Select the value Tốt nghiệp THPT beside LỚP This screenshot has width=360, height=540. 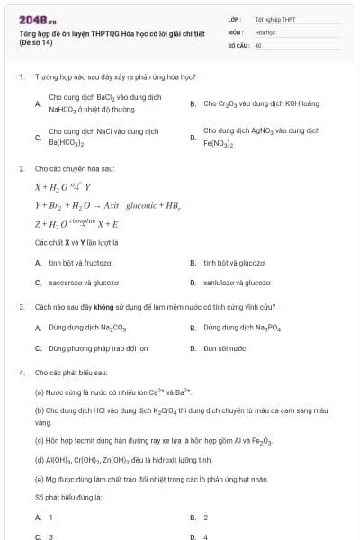[274, 19]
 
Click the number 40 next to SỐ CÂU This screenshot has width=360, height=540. [258, 44]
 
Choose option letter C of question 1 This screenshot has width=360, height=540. [38, 137]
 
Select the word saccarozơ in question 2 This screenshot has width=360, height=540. [66, 282]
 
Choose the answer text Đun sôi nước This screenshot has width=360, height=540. [224, 347]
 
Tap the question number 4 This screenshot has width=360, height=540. [21, 372]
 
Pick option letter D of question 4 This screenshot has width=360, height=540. [193, 536]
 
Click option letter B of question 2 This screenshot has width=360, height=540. [193, 262]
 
